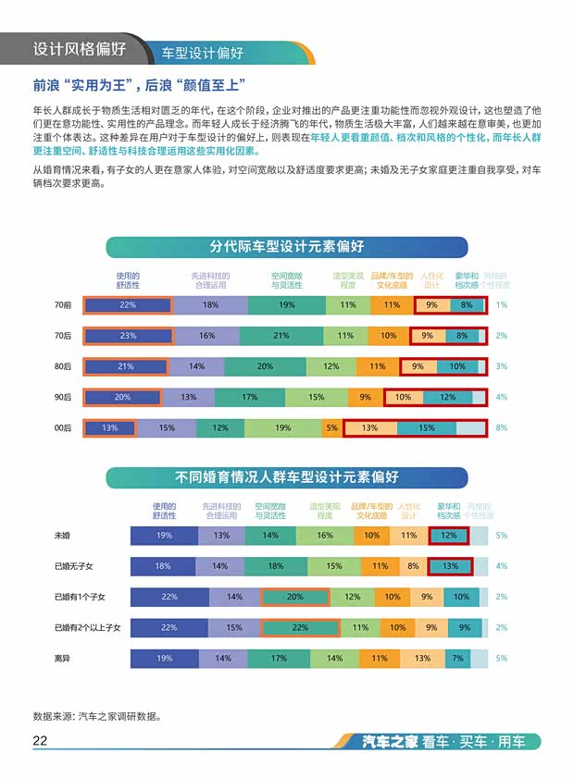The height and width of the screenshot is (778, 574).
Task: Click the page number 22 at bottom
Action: pyautogui.click(x=40, y=741)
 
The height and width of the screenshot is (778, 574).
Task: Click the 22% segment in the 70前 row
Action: pyautogui.click(x=128, y=305)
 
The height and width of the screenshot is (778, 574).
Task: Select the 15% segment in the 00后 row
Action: pyautogui.click(x=426, y=428)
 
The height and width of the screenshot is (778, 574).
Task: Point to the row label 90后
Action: pyautogui.click(x=63, y=398)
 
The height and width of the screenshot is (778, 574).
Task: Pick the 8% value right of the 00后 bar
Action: pyautogui.click(x=502, y=428)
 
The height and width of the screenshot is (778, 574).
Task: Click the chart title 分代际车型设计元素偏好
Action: pyautogui.click(x=286, y=247)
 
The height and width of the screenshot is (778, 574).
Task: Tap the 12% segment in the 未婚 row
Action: pyautogui.click(x=449, y=536)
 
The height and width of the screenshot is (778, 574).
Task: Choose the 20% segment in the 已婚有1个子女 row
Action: pyautogui.click(x=295, y=598)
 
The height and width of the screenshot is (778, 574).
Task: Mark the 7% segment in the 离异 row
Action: pyautogui.click(x=457, y=659)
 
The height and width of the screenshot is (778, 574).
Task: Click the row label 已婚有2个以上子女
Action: pyautogui.click(x=87, y=628)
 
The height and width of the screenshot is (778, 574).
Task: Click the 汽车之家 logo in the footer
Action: pyautogui.click(x=391, y=742)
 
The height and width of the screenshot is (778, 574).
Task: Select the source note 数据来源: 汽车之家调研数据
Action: pyautogui.click(x=97, y=715)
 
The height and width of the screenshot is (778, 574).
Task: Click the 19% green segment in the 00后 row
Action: pyautogui.click(x=282, y=428)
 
